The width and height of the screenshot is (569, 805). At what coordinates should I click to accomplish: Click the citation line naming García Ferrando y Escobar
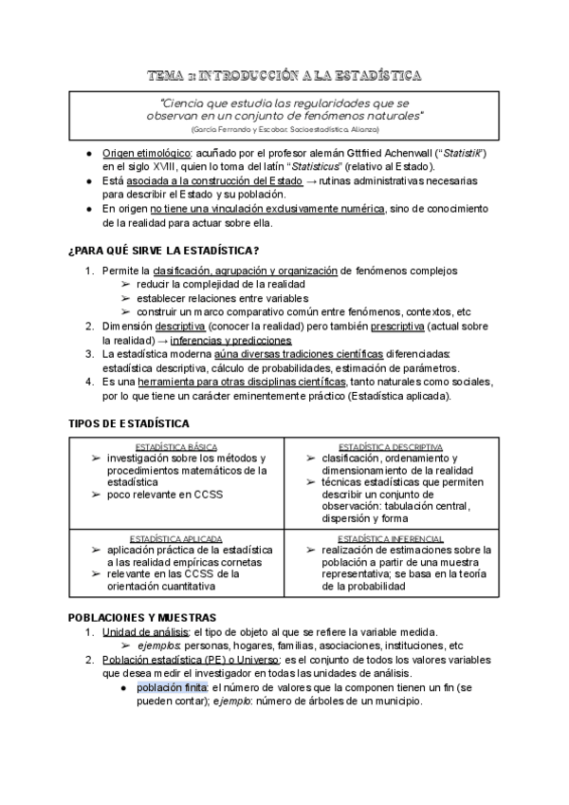pos(284,127)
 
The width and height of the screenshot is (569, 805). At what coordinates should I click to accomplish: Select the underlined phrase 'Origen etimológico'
pos(146,153)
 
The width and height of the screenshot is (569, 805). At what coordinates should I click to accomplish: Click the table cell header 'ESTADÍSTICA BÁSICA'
pos(175,446)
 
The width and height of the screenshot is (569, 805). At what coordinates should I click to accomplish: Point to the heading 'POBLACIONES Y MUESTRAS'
pos(142,617)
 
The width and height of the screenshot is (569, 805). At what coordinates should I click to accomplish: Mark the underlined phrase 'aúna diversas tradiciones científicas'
pos(284,354)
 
